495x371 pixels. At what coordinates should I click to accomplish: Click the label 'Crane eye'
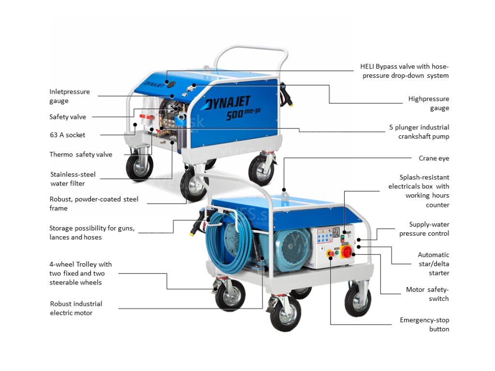[x=434, y=158]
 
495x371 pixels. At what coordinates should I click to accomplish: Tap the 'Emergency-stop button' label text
[x=424, y=325]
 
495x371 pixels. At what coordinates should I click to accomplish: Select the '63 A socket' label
[x=67, y=135]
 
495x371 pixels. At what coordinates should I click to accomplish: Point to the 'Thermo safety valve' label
[x=81, y=155]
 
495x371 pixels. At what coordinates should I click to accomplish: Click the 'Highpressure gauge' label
[x=428, y=103]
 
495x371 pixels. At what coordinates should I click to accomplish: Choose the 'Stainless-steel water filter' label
[x=73, y=179]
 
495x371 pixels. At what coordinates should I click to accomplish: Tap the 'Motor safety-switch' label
[x=427, y=294]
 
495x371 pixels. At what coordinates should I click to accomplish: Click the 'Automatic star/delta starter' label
[x=433, y=264]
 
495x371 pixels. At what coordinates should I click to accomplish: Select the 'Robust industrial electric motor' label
[x=76, y=308]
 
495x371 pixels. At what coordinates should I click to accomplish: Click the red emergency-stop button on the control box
[x=331, y=253]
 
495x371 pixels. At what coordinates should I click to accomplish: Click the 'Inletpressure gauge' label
[x=69, y=96]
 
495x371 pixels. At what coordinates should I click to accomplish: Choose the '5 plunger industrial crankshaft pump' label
[x=419, y=132]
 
